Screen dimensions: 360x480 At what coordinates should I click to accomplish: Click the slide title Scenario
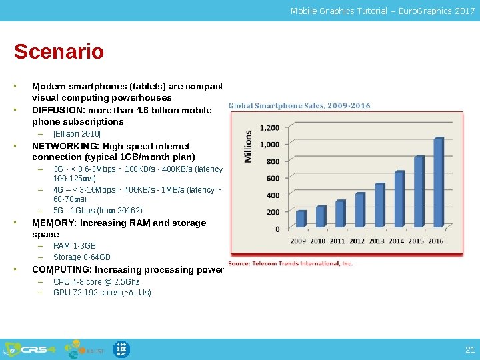point(59,52)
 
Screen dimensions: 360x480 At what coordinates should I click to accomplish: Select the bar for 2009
point(301,219)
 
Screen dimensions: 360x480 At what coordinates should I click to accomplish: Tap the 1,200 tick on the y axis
point(269,127)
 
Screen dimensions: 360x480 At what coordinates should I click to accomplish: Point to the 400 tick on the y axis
point(273,195)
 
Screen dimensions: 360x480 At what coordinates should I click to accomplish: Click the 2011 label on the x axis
point(337,241)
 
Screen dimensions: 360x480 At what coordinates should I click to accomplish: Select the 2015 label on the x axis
point(416,241)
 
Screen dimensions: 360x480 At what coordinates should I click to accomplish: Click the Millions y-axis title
point(248,146)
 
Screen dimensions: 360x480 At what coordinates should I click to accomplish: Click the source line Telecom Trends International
point(290,263)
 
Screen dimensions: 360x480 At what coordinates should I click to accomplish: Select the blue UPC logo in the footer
point(121,349)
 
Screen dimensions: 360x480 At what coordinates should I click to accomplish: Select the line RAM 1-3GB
point(75,246)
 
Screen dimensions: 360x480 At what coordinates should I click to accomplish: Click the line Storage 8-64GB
point(82,257)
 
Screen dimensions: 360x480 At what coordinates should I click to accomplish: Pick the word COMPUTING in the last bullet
point(61,270)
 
